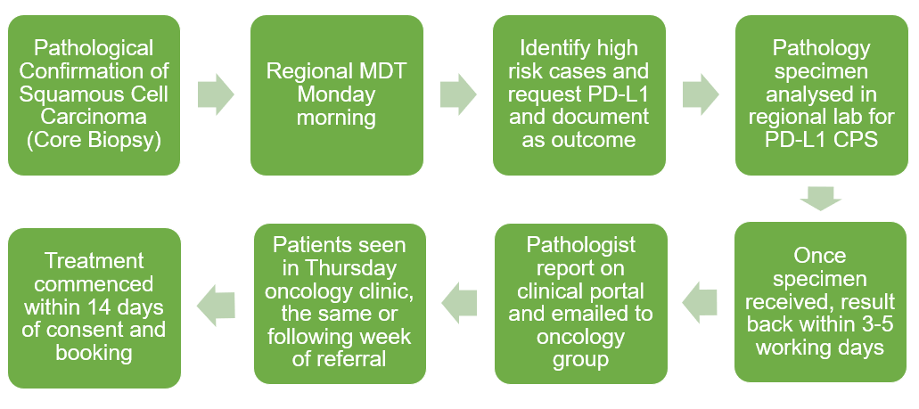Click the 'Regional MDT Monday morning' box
(336, 95)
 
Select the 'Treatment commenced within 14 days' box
(94, 307)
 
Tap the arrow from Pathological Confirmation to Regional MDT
(216, 94)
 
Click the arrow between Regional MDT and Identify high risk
(458, 94)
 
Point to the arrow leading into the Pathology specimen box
(701, 94)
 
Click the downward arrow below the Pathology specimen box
(821, 199)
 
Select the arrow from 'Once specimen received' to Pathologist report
(700, 302)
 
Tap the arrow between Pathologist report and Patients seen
(459, 302)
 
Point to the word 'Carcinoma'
(94, 118)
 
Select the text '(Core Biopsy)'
(94, 141)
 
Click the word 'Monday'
(336, 94)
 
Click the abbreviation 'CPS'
(857, 141)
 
